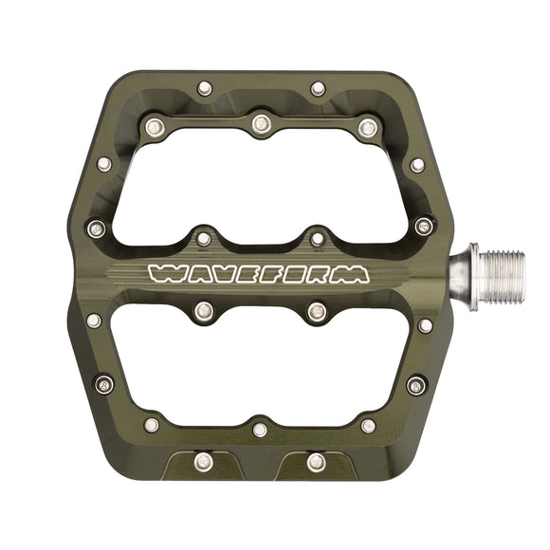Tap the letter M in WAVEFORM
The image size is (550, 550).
pyautogui.click(x=350, y=275)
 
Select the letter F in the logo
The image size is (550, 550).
pyautogui.click(x=274, y=275)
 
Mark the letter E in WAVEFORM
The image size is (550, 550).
pyautogui.click(x=248, y=275)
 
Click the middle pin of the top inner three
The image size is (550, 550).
pyautogui.click(x=261, y=121)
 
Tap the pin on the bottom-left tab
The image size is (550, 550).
pyautogui.click(x=202, y=462)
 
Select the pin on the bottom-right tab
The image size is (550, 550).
pyautogui.click(x=317, y=462)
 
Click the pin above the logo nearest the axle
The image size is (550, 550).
pyautogui.click(x=318, y=237)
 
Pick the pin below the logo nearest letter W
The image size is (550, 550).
pyautogui.click(x=203, y=310)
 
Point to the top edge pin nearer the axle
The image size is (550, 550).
pyautogui.click(x=318, y=88)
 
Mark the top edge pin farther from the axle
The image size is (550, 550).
pyautogui.click(x=204, y=88)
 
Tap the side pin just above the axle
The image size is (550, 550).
pyautogui.click(x=424, y=226)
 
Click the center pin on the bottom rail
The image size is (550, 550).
pyautogui.click(x=260, y=430)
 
